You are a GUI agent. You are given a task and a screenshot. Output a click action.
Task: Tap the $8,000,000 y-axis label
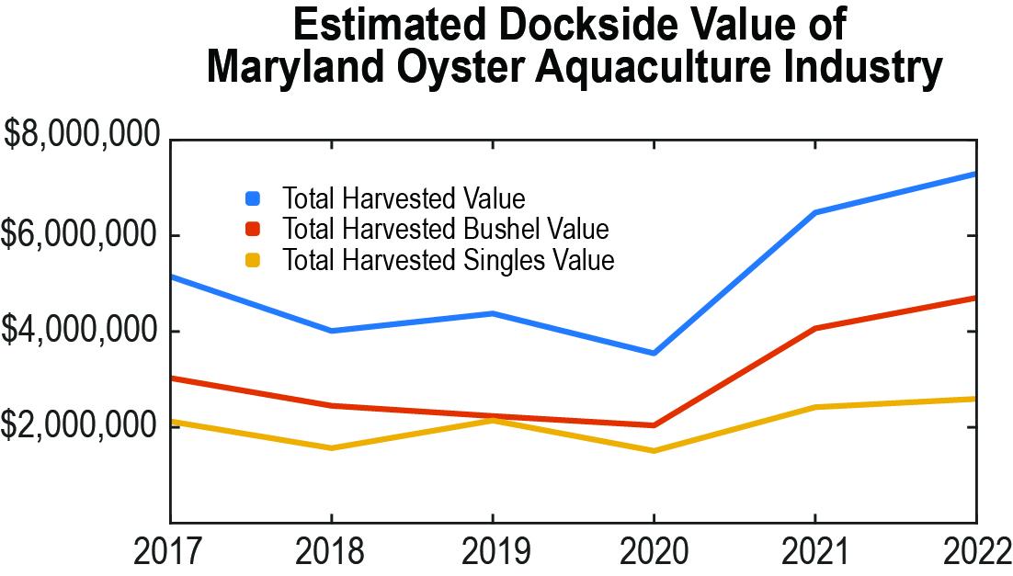point(83,137)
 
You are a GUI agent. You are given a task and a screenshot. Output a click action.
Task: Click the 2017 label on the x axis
point(170,551)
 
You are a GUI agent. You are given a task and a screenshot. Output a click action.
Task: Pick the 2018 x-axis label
point(332,551)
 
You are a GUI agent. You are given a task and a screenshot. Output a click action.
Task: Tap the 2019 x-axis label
point(494,551)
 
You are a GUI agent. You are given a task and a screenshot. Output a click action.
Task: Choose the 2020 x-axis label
point(654,551)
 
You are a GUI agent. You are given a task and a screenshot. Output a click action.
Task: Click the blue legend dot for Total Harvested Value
point(254,198)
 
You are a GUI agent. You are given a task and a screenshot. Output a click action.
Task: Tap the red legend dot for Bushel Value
point(254,228)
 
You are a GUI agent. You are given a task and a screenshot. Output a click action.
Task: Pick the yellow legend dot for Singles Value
point(254,259)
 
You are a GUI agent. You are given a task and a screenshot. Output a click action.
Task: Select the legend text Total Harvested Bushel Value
point(446,228)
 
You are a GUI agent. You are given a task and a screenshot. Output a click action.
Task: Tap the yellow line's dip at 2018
point(332,448)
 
